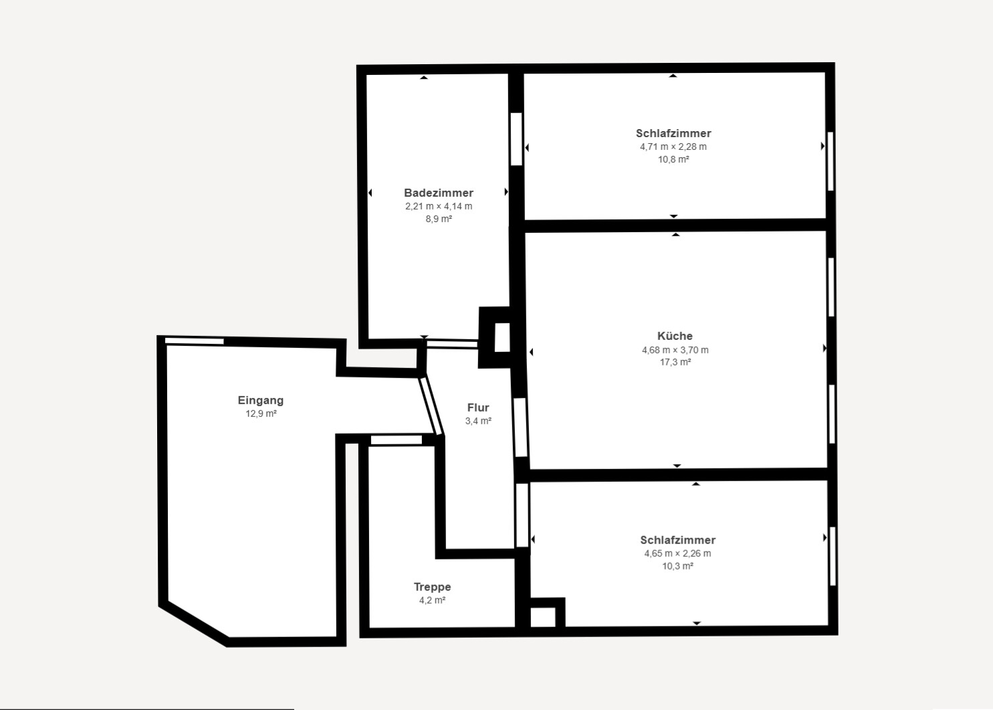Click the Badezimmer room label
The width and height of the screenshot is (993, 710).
[x=438, y=193]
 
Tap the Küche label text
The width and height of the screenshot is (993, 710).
[x=675, y=336]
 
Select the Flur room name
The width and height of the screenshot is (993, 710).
[x=478, y=408]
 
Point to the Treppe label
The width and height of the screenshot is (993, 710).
[x=432, y=587]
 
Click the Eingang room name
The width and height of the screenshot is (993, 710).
[x=261, y=400]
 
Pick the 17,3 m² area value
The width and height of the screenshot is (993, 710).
[x=675, y=362]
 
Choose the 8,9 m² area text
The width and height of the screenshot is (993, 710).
[x=439, y=219]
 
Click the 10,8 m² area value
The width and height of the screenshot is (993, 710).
[x=673, y=159]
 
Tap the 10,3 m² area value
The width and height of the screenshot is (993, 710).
[x=677, y=566]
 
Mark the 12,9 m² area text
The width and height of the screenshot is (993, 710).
[x=261, y=414]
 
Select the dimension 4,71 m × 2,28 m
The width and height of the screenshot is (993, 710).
[x=673, y=147]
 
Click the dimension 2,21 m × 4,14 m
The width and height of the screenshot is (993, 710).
[x=439, y=206]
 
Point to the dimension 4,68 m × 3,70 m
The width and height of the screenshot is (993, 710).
[x=675, y=349]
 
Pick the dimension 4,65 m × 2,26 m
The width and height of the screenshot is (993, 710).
[x=677, y=553]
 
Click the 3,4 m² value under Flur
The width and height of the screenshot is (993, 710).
[x=478, y=421]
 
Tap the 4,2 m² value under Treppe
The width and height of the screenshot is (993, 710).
[x=432, y=600]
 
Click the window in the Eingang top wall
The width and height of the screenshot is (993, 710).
[x=195, y=341]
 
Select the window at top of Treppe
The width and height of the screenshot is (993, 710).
[x=397, y=440]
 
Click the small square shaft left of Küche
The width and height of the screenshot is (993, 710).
[x=502, y=337]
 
